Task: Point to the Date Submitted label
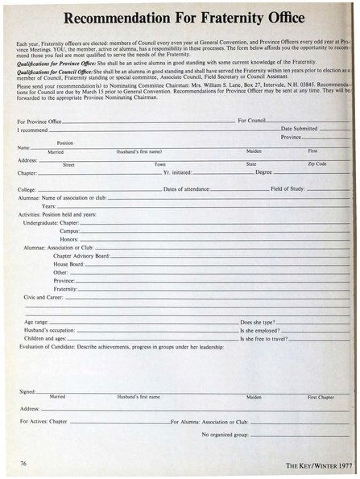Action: coord(299,128)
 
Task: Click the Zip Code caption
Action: coord(317,163)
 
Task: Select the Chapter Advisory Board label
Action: coord(81,255)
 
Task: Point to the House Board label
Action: coord(68,264)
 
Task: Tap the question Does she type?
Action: coord(258,321)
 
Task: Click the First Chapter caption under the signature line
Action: coord(321,397)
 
